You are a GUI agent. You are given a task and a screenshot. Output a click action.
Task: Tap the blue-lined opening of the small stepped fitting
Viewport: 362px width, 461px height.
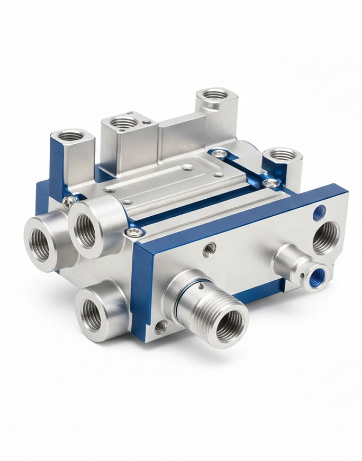(x=320, y=274)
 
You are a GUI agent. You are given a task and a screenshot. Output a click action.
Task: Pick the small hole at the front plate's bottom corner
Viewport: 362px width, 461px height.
(x=160, y=327)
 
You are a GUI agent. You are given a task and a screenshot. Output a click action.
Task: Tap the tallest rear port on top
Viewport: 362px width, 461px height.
(x=215, y=96)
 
